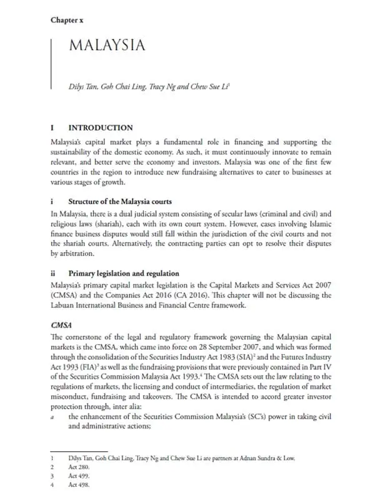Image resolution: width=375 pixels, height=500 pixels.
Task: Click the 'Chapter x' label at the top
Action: (x=67, y=20)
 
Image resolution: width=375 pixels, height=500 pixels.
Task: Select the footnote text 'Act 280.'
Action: (x=78, y=466)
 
